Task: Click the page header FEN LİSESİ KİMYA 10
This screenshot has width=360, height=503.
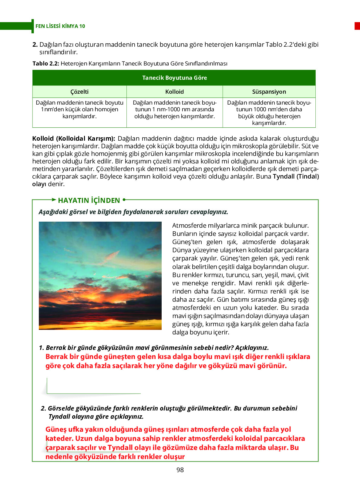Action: click(x=60, y=26)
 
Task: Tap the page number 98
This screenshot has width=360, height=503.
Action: click(x=180, y=470)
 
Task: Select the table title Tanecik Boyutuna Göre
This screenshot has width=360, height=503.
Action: click(x=174, y=78)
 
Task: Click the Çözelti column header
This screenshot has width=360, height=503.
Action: click(x=79, y=92)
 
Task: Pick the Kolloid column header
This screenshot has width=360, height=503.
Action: click(x=174, y=92)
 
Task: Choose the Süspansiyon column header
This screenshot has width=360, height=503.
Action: click(x=269, y=92)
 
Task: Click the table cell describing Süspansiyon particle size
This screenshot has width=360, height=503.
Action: click(x=269, y=112)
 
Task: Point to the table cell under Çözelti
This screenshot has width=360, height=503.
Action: click(x=79, y=109)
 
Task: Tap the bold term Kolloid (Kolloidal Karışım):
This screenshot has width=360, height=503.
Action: click(x=73, y=139)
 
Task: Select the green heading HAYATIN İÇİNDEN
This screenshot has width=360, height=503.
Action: click(x=89, y=200)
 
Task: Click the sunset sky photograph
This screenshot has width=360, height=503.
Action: click(x=100, y=276)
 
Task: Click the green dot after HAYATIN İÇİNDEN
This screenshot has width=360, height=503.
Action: click(x=124, y=200)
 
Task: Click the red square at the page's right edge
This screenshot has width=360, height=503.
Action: click(x=357, y=26)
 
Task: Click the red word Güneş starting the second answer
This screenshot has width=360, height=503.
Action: click(x=56, y=429)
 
